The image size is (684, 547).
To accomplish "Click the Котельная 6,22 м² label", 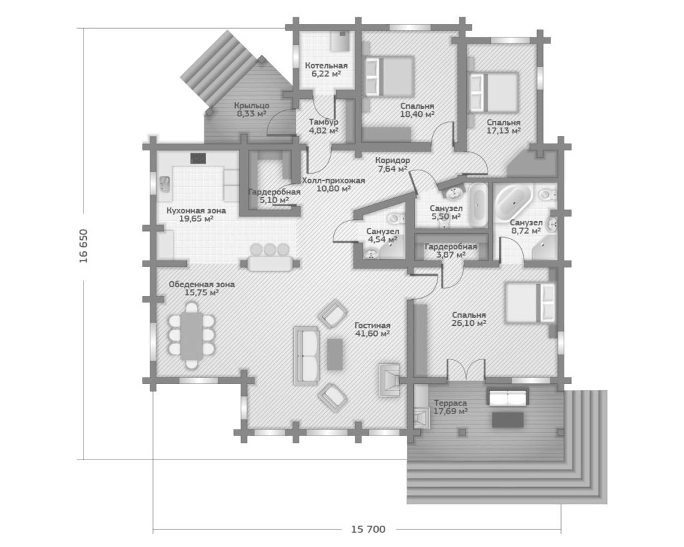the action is [326, 69].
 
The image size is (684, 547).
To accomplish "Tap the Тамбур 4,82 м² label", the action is [323, 126].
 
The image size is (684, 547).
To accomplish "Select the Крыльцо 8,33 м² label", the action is [252, 110].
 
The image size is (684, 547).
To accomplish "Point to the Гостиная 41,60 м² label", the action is [372, 329].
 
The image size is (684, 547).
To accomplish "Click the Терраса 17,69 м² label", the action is [451, 407].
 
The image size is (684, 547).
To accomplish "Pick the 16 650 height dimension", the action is [83, 246].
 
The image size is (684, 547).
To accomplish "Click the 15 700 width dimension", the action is [368, 529].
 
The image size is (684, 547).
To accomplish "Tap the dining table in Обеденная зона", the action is [192, 335].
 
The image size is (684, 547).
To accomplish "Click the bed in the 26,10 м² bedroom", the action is [530, 303].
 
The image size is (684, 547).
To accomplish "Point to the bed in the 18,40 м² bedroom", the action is [389, 75].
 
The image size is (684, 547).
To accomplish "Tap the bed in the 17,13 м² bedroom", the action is [494, 93].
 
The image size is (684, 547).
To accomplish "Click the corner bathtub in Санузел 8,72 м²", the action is [514, 202].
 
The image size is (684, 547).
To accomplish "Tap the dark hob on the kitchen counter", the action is [198, 158].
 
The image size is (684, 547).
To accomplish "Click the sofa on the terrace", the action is [508, 398].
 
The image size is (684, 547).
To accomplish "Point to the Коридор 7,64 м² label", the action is [392, 164].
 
